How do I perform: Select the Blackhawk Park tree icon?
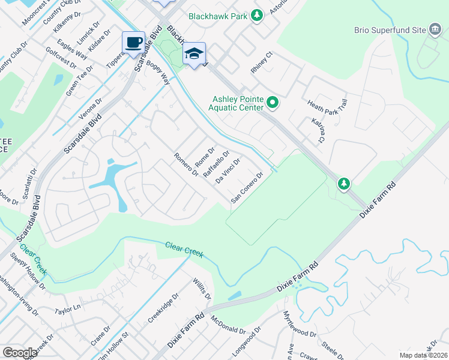257,14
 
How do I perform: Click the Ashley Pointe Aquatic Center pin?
273,103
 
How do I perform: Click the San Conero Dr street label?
247,188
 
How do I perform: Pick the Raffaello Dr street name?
216,164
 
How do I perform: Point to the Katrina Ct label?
318,131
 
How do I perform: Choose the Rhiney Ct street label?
262,62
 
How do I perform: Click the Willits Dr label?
202,289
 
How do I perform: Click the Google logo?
20,353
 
